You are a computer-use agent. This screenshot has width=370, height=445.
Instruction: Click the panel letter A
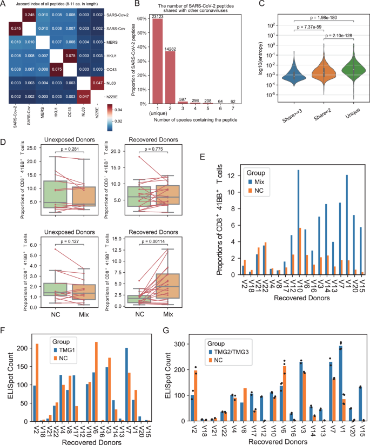(4, 4)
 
